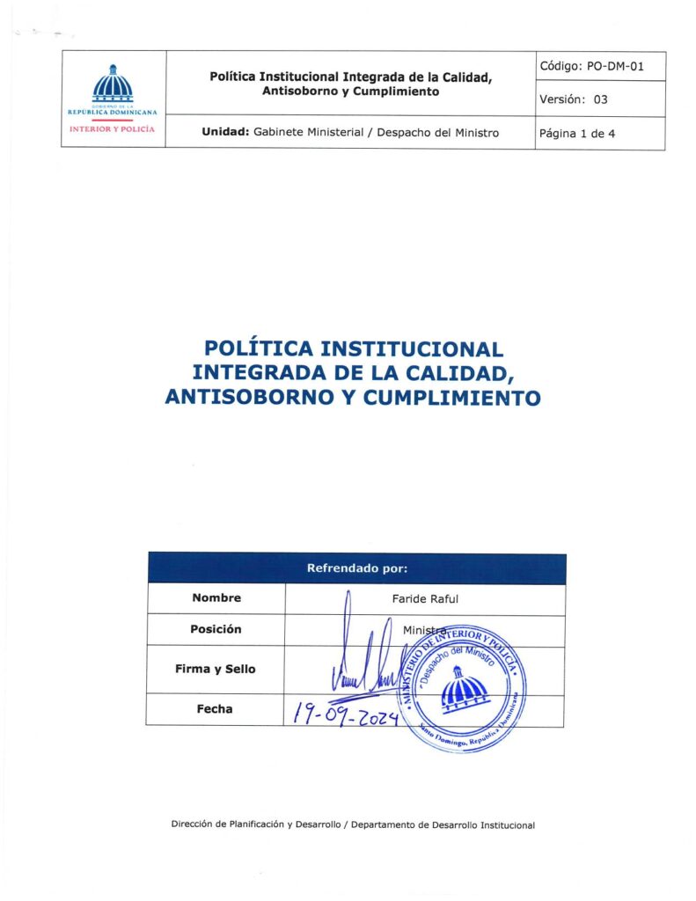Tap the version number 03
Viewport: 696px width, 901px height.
click(600, 99)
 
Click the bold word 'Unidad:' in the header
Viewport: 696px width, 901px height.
click(225, 133)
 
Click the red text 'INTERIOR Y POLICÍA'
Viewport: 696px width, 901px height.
click(113, 128)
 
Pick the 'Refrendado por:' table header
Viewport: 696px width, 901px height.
click(356, 568)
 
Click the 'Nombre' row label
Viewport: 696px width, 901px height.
click(216, 598)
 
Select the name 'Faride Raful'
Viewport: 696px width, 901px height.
click(425, 598)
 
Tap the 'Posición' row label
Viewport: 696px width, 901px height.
click(216, 630)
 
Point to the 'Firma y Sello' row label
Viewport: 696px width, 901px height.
click(216, 669)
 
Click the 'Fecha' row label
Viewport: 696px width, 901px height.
click(216, 708)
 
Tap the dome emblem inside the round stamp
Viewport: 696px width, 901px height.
click(464, 689)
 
